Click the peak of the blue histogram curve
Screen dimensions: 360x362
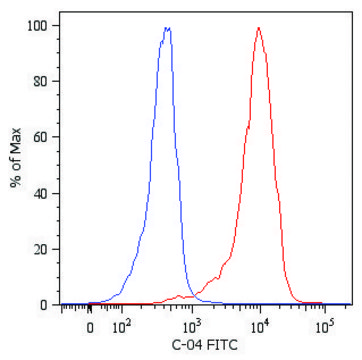coord(167,29)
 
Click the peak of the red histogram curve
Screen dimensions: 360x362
coord(259,28)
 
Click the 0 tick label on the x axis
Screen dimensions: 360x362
coord(90,326)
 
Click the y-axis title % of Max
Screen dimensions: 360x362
coord(15,165)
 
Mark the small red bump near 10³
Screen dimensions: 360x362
coord(180,296)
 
